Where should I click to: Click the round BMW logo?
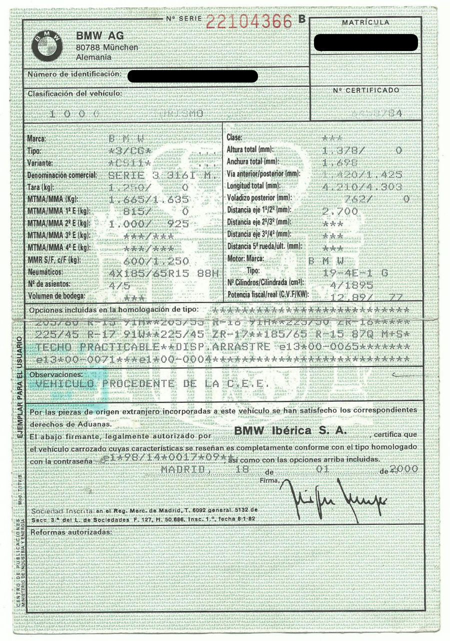coord(47,46)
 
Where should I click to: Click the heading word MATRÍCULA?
coord(365,23)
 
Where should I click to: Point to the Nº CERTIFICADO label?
coord(366,90)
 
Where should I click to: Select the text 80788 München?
coord(107,47)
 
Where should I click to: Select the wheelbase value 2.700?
coord(340,211)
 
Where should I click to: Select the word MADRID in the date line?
coord(183,470)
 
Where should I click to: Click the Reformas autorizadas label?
coord(71,531)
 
